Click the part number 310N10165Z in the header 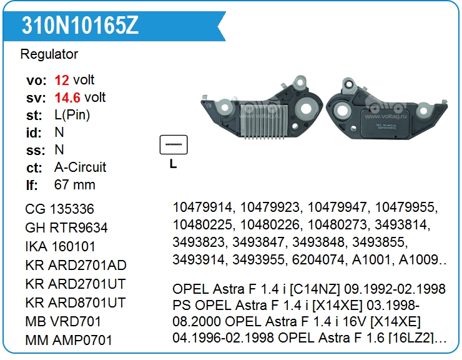pos(80,25)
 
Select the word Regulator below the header pos(49,54)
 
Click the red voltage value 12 pos(62,80)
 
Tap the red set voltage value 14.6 pos(67,97)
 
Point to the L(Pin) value pos(72,115)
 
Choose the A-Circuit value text pos(81,167)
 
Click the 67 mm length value pos(75,185)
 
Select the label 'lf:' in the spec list pos(32,185)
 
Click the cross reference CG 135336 pos(59,209)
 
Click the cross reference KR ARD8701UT pos(76,303)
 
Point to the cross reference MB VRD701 pos(63,322)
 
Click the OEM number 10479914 pos(203,207)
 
